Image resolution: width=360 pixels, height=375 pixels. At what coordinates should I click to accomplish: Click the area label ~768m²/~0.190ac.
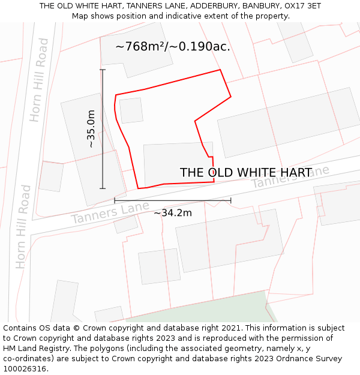(x=173, y=47)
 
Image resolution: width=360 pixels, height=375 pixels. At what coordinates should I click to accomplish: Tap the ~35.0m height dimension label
(x=91, y=128)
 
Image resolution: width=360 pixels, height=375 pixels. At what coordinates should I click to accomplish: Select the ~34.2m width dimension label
(x=173, y=213)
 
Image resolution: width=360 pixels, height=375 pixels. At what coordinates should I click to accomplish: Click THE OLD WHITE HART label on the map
(x=245, y=173)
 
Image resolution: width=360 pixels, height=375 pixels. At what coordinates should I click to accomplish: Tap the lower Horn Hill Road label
(x=23, y=226)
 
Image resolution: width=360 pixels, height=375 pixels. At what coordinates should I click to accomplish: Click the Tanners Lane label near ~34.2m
(x=110, y=213)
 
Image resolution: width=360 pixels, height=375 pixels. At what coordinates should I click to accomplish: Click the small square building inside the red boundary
(x=131, y=110)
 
